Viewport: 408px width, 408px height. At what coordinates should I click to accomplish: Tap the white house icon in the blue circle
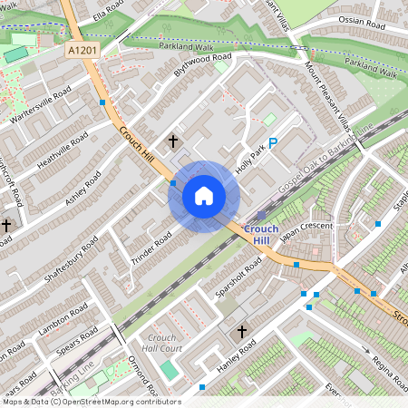(x=204, y=196)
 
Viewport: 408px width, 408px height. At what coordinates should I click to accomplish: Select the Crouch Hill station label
(x=261, y=234)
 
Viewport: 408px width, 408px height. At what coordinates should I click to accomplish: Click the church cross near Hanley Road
(x=241, y=333)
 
